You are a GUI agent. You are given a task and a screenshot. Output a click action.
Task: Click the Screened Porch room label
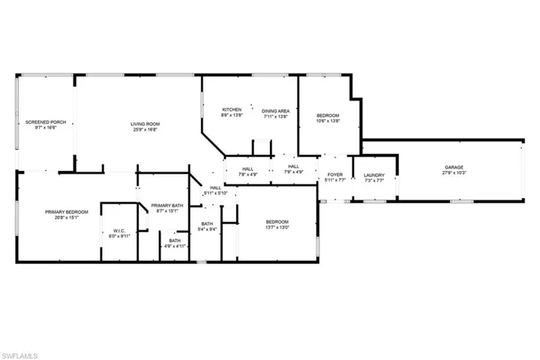(41, 121)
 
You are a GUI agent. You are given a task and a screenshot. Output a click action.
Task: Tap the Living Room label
(145, 124)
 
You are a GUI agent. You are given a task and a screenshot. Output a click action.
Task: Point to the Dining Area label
(276, 109)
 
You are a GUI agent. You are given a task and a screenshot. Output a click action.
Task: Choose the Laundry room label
(374, 175)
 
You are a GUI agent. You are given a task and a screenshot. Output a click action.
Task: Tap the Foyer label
(335, 175)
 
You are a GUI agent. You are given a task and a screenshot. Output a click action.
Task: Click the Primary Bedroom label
(67, 212)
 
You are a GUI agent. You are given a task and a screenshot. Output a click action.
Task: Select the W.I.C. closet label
(118, 230)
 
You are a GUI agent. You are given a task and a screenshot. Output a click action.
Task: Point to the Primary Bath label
(167, 205)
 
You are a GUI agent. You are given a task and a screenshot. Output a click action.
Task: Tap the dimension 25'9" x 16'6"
(145, 130)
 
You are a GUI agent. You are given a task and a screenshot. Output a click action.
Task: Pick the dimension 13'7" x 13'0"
(277, 227)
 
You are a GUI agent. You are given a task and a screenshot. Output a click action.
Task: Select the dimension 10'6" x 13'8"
(328, 120)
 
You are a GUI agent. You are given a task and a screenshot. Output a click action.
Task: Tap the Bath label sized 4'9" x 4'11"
(175, 243)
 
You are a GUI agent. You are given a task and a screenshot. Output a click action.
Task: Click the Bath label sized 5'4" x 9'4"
(208, 227)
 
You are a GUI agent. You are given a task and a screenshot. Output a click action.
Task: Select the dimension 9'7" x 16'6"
(41, 127)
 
